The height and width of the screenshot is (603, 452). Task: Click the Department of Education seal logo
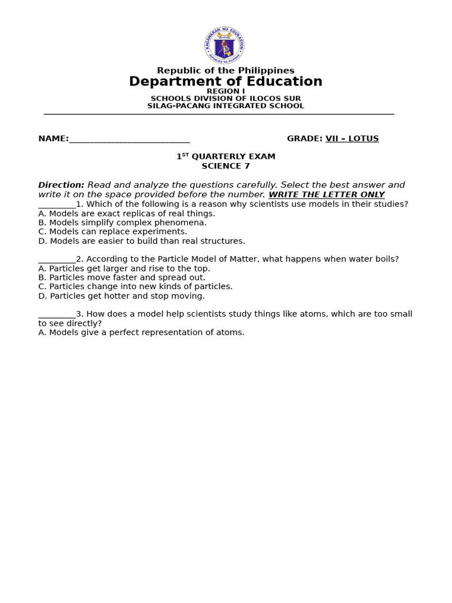click(224, 45)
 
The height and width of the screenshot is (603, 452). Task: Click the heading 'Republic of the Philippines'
click(225, 71)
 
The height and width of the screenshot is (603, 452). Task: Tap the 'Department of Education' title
click(225, 82)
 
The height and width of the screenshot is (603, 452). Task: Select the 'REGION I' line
click(225, 91)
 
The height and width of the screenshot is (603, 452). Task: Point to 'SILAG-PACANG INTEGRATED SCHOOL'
click(225, 106)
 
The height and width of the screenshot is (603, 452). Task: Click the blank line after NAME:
click(129, 140)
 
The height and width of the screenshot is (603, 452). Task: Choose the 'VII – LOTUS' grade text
click(352, 139)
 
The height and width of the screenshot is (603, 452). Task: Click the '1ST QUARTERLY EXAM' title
click(225, 157)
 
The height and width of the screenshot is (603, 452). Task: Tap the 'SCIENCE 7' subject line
click(225, 166)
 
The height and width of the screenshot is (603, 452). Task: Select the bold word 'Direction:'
click(61, 185)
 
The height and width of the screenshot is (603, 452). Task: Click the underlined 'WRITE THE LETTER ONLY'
click(327, 195)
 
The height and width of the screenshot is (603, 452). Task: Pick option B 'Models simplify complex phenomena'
click(122, 223)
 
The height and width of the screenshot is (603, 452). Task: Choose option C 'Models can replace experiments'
click(112, 232)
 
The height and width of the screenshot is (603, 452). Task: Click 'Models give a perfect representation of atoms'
click(141, 332)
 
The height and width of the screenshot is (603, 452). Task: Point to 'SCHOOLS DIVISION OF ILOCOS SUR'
click(225, 99)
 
